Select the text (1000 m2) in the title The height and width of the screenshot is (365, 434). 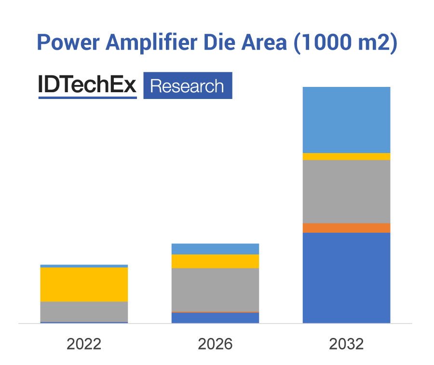345,43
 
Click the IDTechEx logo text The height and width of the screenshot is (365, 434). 87,85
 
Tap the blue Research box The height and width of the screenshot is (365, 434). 188,86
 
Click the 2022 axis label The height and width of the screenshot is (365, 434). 84,344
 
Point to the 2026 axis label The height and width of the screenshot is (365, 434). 215,344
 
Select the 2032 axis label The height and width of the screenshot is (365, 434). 346,344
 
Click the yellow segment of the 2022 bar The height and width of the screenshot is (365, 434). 84,284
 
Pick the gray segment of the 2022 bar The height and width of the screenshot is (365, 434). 84,311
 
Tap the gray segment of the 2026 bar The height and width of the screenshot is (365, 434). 215,290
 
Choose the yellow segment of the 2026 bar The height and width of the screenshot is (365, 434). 215,261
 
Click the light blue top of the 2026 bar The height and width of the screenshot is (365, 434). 215,249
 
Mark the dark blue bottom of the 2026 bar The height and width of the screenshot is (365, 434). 215,318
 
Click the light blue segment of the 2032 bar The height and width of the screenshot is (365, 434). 346,120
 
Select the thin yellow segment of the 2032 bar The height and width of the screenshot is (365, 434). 346,156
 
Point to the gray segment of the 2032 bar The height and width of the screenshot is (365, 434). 346,191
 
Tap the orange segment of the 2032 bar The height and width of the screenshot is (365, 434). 346,228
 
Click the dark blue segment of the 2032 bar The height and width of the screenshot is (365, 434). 346,278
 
